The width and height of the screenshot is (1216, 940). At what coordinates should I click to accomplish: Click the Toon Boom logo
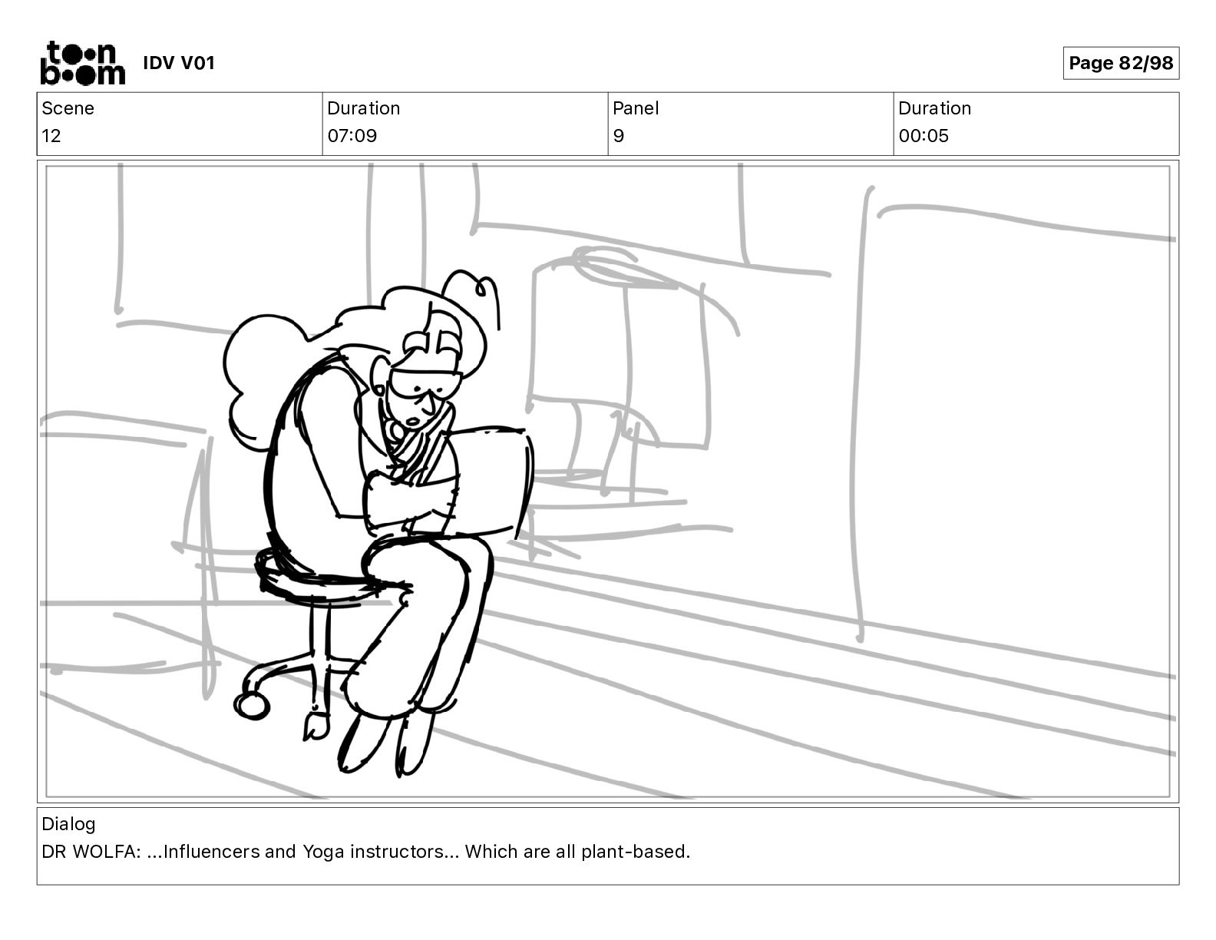point(82,63)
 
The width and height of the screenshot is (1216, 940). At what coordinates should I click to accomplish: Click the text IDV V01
point(179,63)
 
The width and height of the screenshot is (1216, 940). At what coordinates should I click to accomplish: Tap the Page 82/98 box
point(1120,63)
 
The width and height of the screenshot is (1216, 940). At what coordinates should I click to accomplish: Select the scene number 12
point(51,136)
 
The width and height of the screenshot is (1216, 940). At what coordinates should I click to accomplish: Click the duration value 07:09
point(352,136)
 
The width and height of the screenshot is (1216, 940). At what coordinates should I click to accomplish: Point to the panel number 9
point(619,136)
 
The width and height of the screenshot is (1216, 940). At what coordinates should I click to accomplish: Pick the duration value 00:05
point(924,136)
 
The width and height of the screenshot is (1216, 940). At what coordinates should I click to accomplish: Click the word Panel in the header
point(636,108)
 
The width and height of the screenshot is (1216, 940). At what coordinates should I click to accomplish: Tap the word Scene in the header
point(68,108)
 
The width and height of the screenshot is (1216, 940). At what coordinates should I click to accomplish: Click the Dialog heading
point(68,824)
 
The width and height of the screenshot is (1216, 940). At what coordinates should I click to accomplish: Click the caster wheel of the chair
point(252,704)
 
